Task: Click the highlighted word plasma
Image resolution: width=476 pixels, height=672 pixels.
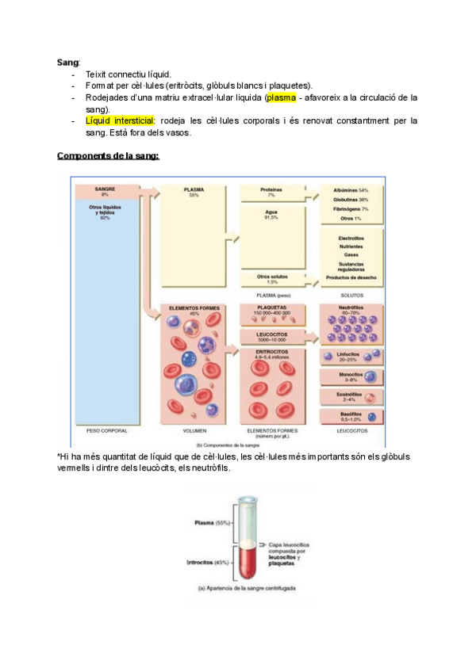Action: pyautogui.click(x=282, y=98)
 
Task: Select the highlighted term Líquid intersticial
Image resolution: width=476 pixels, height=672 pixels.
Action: pyautogui.click(x=121, y=121)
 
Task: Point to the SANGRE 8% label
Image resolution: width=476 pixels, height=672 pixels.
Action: pyautogui.click(x=105, y=193)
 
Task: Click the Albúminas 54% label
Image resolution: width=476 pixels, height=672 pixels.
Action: pyautogui.click(x=354, y=190)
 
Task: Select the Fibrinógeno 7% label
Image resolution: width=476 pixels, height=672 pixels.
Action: pyautogui.click(x=354, y=208)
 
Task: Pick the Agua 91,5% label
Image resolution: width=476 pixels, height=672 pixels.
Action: pyautogui.click(x=272, y=215)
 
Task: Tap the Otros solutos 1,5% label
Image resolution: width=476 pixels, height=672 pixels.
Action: pyautogui.click(x=272, y=279)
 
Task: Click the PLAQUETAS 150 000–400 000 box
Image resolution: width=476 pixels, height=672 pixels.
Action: pyautogui.click(x=272, y=311)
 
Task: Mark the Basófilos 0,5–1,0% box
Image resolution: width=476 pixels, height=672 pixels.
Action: pyautogui.click(x=351, y=416)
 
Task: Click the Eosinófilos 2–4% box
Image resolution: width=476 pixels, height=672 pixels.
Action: pyautogui.click(x=351, y=395)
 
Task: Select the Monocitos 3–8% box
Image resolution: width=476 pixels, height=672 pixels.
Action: pyautogui.click(x=351, y=376)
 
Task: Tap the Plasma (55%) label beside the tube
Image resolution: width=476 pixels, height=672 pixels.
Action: pyautogui.click(x=212, y=523)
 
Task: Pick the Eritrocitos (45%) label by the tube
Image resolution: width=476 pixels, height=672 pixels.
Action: pyautogui.click(x=208, y=562)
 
